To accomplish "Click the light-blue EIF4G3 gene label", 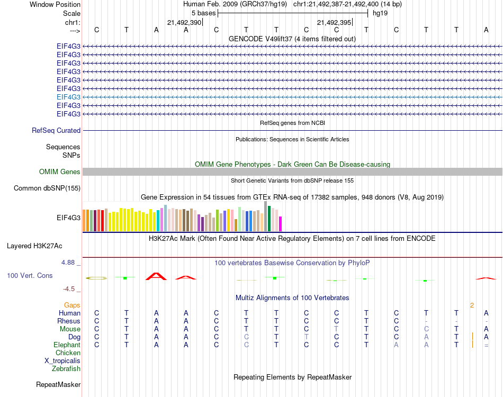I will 68,97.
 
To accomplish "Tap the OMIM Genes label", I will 60,172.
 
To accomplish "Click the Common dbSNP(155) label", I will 47,188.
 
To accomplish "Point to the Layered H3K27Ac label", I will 34,246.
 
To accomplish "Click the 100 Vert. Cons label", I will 30,275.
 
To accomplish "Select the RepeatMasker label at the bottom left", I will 58,384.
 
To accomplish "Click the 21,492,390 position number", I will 184,22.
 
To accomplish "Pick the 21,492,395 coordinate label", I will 334,22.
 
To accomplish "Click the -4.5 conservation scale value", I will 71,289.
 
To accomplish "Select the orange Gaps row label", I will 72,305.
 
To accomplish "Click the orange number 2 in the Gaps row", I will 471,305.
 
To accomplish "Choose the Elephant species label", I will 67,345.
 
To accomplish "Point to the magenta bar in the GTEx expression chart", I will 280,224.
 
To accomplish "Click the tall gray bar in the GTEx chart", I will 265,216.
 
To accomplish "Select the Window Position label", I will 55,4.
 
